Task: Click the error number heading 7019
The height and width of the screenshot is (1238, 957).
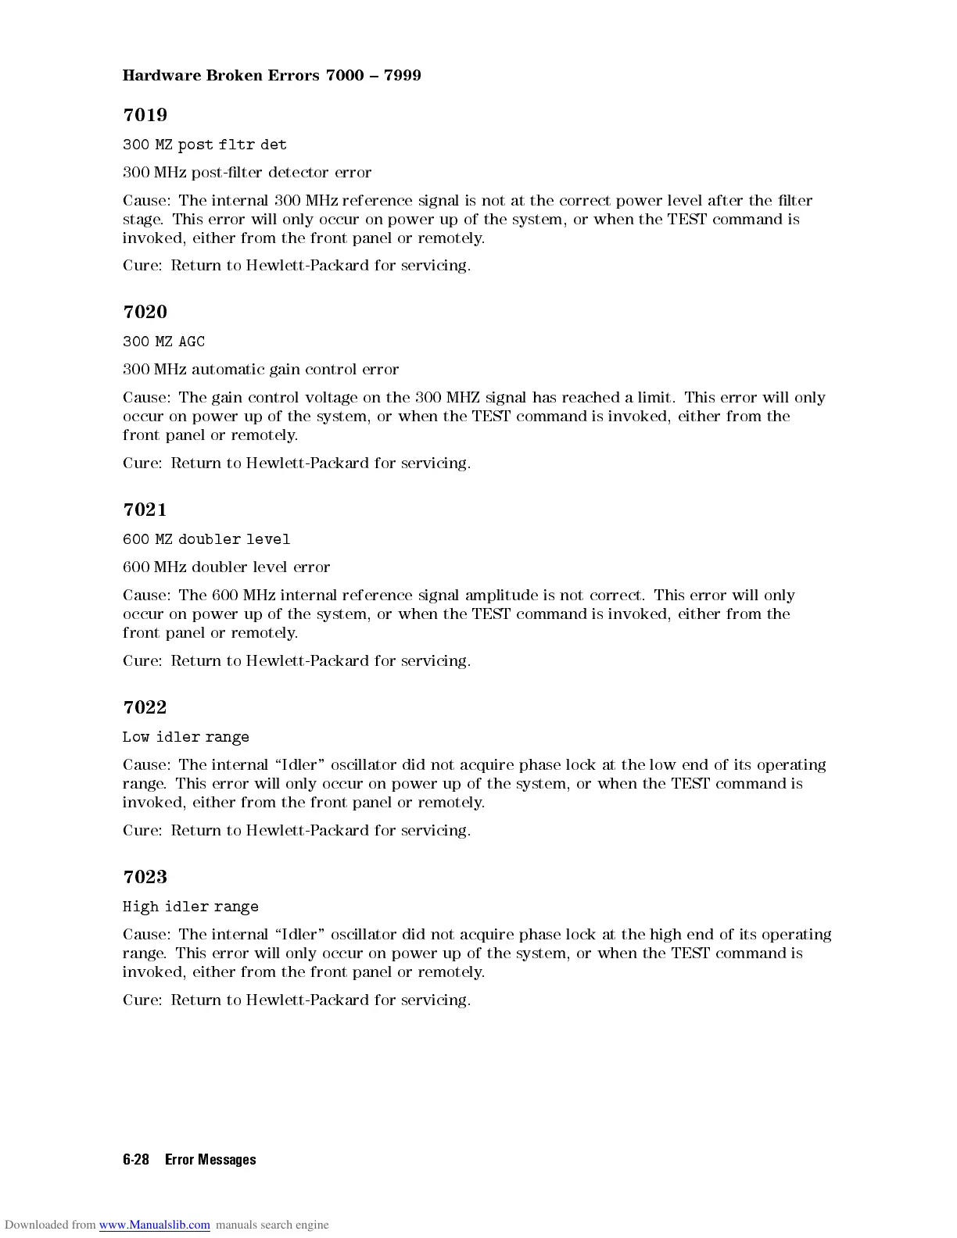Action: (145, 115)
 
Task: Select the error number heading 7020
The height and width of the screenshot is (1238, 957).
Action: (145, 312)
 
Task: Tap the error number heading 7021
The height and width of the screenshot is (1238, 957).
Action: (145, 510)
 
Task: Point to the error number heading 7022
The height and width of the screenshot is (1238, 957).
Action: (145, 707)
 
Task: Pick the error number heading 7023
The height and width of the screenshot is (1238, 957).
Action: (145, 877)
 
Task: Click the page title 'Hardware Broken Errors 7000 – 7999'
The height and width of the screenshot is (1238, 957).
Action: (271, 75)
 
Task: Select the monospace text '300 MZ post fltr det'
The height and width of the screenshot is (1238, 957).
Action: (204, 145)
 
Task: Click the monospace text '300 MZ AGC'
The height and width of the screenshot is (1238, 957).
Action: (163, 342)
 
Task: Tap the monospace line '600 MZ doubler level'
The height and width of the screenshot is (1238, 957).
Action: (206, 539)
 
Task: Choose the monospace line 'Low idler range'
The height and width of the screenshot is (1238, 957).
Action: (185, 737)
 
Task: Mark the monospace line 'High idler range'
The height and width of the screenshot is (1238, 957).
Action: (190, 907)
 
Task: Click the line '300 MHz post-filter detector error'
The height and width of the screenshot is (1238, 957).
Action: (246, 172)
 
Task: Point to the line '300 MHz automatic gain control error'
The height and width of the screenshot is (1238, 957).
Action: (260, 369)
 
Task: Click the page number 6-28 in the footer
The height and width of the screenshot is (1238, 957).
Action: (136, 1160)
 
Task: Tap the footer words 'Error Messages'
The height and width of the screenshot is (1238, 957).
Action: (210, 1160)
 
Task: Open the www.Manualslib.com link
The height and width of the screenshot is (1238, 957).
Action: (154, 1225)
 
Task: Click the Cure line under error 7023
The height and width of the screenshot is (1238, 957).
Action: (296, 1000)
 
